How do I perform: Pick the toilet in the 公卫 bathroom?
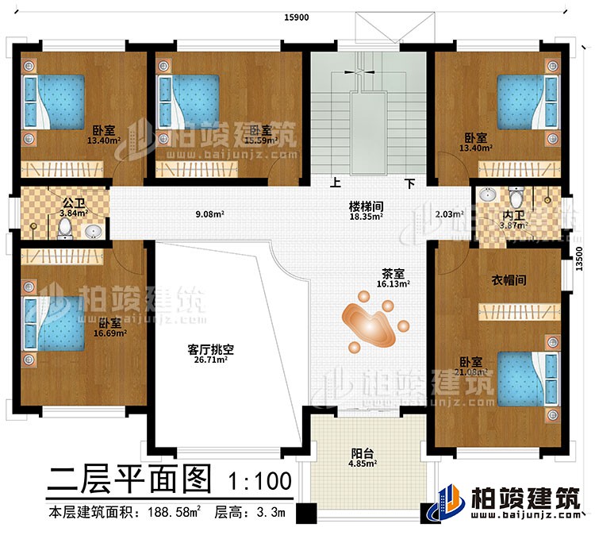coord(65,229)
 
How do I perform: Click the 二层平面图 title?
coord(131,480)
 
